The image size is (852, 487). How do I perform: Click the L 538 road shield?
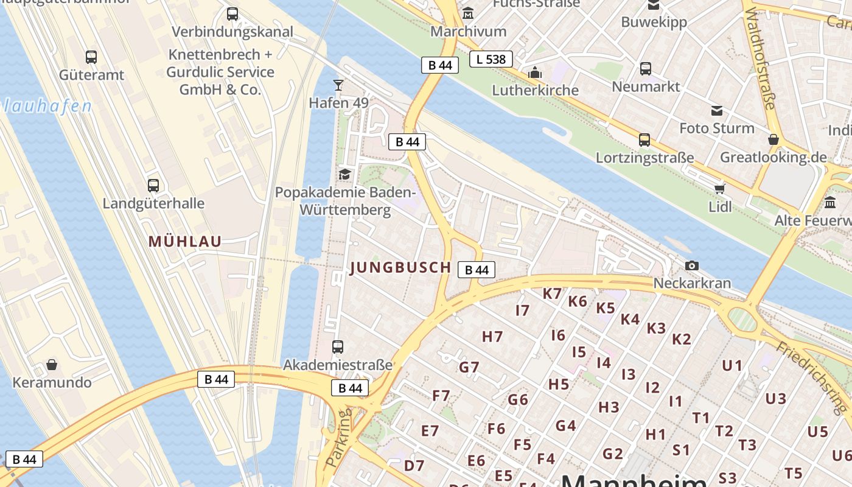491,59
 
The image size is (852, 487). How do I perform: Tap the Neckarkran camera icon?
691,265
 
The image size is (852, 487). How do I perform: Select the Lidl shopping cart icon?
720,188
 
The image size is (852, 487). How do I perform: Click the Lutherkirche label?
535,90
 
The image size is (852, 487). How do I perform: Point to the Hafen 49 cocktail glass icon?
338,85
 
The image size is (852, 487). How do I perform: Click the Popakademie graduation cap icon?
344,174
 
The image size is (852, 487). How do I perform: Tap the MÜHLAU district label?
185,241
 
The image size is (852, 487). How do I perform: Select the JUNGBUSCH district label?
400,267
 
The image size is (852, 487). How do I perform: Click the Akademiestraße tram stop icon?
338,347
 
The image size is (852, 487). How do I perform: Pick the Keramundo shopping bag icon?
52,365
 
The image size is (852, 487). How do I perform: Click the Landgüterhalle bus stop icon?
153,185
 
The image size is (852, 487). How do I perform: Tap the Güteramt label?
91,75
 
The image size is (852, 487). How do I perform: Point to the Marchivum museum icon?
468,13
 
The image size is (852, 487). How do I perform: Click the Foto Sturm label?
716,128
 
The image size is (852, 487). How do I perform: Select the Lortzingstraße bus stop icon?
644,140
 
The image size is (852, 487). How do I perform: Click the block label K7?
552,293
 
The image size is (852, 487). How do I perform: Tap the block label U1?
732,365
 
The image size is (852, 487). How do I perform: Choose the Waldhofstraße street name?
760,58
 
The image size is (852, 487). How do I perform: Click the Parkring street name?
338,438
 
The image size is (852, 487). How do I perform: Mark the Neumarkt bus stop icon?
646,69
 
